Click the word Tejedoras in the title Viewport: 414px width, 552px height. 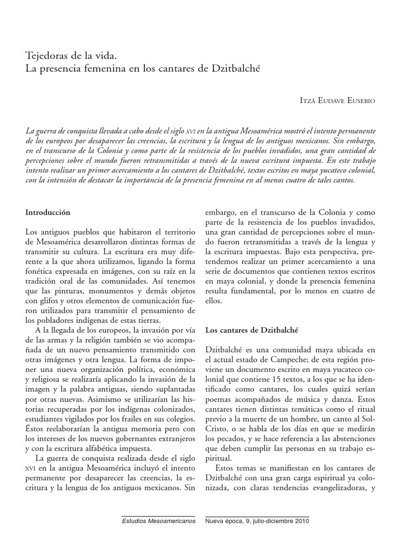[x=47, y=56]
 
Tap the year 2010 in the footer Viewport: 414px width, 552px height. [x=299, y=521]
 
